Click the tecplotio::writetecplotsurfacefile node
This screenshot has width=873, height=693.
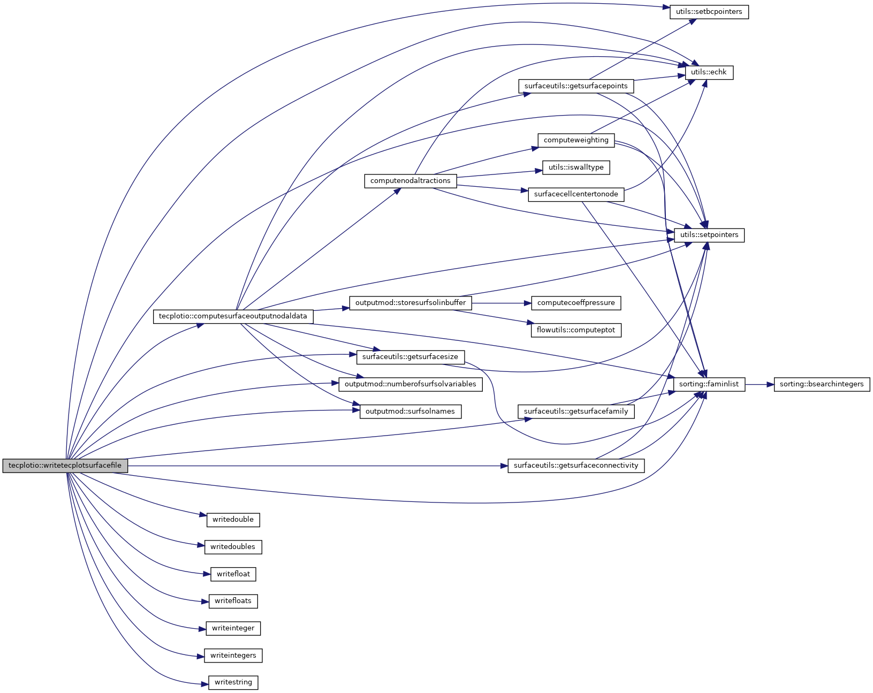click(65, 466)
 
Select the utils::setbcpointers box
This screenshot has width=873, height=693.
click(709, 12)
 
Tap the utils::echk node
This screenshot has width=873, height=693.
click(709, 72)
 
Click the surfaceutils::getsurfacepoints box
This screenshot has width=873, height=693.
click(576, 86)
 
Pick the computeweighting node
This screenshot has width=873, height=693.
click(576, 140)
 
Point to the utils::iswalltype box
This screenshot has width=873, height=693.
click(576, 167)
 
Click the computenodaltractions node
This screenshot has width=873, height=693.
click(411, 181)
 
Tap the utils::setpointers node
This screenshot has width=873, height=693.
click(709, 235)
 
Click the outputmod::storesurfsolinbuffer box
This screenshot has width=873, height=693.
click(411, 303)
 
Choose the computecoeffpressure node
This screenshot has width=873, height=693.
click(576, 303)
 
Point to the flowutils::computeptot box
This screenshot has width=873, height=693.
click(576, 330)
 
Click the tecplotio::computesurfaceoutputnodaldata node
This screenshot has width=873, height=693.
click(233, 316)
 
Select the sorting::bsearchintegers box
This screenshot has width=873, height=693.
click(822, 384)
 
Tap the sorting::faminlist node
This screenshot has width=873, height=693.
click(709, 384)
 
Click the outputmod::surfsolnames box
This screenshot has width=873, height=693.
click(410, 412)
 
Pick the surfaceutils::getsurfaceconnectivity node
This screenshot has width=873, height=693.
click(576, 466)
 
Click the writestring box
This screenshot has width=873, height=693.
click(233, 682)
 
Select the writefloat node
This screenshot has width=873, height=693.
click(233, 574)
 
